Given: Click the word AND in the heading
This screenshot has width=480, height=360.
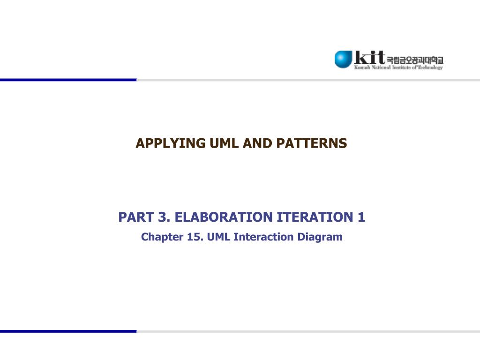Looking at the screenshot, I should (x=258, y=143).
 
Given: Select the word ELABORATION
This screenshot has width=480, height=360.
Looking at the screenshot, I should (x=219, y=217).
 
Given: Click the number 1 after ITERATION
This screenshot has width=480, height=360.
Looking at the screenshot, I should (x=361, y=217).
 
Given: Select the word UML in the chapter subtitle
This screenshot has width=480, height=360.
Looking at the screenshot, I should (x=219, y=237).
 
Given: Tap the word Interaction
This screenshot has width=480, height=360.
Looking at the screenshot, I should (x=264, y=237).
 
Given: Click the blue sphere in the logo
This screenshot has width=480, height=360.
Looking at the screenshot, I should (x=343, y=59).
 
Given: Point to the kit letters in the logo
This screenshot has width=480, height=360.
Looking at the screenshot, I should (x=369, y=57).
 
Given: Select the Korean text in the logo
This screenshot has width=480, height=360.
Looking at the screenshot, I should (x=414, y=60).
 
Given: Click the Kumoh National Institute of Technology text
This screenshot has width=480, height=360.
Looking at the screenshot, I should (x=398, y=68).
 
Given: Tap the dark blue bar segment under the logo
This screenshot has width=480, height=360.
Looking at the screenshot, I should (x=68, y=80).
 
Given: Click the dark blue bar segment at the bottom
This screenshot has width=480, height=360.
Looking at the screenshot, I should (x=68, y=331).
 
